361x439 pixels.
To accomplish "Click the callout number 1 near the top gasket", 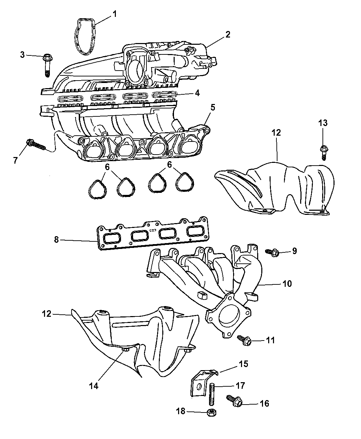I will click(114, 14).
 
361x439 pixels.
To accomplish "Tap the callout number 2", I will click(228, 34).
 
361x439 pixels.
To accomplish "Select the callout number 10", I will click(287, 283).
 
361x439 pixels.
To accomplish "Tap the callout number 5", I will click(213, 107).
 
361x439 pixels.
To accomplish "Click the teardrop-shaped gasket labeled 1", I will click(85, 36).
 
